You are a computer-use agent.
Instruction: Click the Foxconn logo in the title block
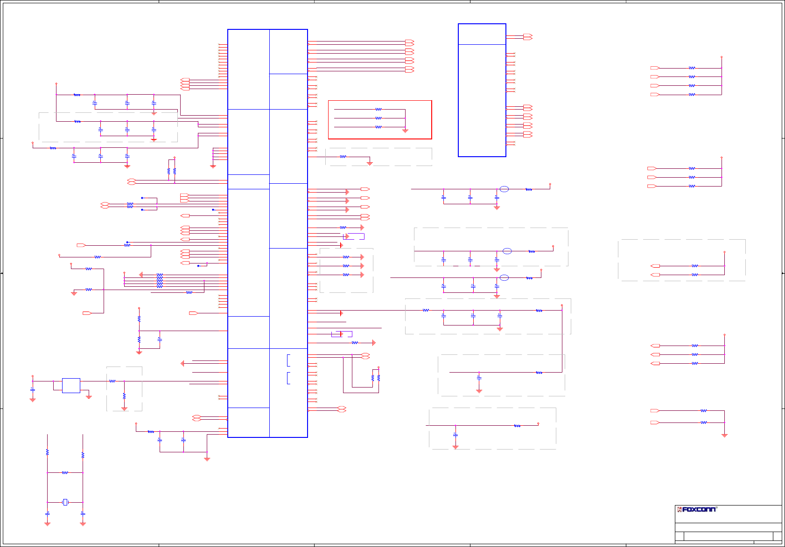tap(697, 509)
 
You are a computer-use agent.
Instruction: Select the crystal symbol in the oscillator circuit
tap(65, 502)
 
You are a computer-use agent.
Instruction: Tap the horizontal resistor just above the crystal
tap(65, 473)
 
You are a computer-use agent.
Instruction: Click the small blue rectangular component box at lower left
tap(71, 386)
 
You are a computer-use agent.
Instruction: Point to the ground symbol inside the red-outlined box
tap(405, 131)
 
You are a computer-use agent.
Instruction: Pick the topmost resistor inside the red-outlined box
tap(378, 110)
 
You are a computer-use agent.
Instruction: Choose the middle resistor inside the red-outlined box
tap(378, 118)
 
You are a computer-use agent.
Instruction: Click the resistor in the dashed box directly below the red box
tap(343, 157)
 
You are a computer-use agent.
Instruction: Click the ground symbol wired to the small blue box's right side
tap(89, 396)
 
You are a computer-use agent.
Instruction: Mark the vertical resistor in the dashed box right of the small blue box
tap(124, 396)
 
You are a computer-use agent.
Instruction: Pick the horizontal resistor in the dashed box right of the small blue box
tap(112, 381)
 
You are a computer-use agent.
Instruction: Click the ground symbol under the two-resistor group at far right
tap(724, 435)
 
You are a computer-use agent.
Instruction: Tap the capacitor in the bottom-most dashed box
tap(456, 435)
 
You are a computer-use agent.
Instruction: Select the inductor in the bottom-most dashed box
tap(517, 426)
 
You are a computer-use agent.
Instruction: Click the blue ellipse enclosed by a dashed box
tap(507, 251)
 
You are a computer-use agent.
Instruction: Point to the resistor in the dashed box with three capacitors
tap(426, 310)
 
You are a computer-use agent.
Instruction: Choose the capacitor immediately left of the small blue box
tap(33, 389)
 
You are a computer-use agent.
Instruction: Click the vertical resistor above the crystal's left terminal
tap(47, 452)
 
